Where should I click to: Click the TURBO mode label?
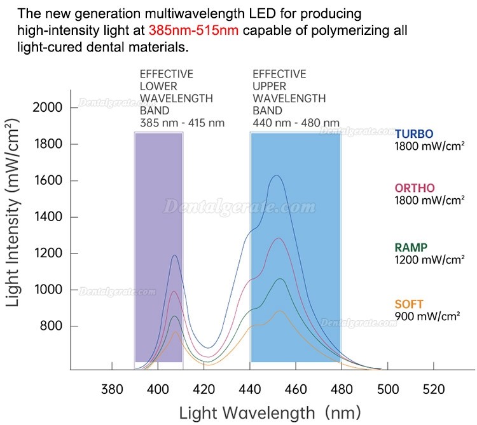414,133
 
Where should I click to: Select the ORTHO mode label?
415,188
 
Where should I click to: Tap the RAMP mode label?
411,248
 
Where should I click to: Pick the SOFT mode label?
409,304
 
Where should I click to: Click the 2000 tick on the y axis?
47,107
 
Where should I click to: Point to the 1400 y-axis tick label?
48,217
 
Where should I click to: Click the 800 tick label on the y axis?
51,326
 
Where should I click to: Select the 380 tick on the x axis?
112,389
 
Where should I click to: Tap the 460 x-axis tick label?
296,389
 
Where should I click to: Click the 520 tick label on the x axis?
434,389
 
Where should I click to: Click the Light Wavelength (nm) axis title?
270,413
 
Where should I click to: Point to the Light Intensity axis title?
13,212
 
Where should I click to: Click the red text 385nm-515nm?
193,30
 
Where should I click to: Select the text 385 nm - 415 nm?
183,123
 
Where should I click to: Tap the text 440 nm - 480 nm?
296,123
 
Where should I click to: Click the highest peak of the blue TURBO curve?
277,175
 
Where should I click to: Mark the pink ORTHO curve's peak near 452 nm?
278,238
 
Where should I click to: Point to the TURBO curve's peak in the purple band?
175,255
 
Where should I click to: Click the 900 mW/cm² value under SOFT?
427,316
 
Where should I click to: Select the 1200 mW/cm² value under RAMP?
429,260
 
